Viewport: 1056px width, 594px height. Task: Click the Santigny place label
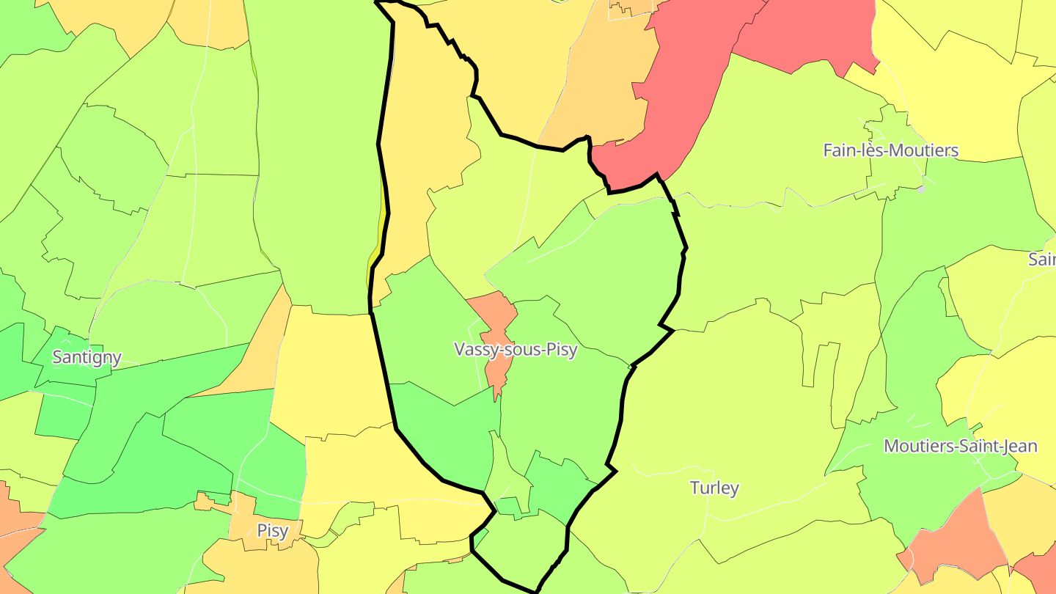pyautogui.click(x=87, y=358)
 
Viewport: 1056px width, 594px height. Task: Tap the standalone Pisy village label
pyautogui.click(x=272, y=530)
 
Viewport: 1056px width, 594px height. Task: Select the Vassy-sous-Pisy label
pyautogui.click(x=516, y=350)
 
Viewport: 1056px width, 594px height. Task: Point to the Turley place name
pyautogui.click(x=714, y=488)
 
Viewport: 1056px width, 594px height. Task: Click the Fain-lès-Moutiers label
pyautogui.click(x=890, y=150)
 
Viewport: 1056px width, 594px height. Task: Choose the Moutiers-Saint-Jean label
pyautogui.click(x=960, y=446)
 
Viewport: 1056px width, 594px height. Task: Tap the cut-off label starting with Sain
pyautogui.click(x=1042, y=259)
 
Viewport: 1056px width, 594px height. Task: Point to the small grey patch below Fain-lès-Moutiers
pyautogui.click(x=920, y=188)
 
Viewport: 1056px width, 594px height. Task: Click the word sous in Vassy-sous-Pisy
pyautogui.click(x=522, y=350)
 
